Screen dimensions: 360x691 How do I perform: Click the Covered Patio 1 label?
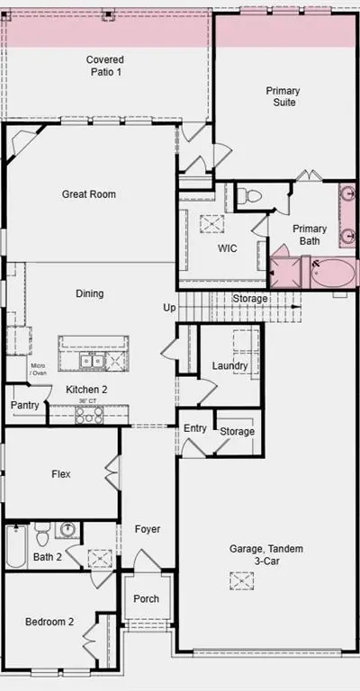[105, 66]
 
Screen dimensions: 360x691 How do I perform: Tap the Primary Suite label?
[283, 96]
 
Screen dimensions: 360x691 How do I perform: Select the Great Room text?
[89, 194]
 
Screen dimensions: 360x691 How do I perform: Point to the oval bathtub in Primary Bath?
[333, 274]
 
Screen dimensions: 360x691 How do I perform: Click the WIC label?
[228, 248]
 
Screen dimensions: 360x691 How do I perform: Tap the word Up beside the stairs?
[169, 308]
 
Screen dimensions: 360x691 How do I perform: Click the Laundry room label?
[229, 366]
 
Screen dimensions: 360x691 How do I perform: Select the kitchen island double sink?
[92, 362]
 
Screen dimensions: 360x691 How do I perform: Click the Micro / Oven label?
[38, 369]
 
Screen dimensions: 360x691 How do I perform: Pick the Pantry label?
[25, 405]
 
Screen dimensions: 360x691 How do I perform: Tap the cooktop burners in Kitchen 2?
[89, 415]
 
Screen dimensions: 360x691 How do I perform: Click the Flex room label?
[61, 474]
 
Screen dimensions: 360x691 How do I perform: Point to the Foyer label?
[148, 529]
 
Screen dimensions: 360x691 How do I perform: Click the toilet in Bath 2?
[42, 534]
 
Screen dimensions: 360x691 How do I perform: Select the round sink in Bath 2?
[67, 528]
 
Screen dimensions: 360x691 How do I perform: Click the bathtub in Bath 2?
[17, 545]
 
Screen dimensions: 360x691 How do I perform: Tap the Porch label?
[147, 598]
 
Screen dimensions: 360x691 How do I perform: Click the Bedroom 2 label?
[49, 622]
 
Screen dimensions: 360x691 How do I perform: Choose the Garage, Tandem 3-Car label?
[266, 555]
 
